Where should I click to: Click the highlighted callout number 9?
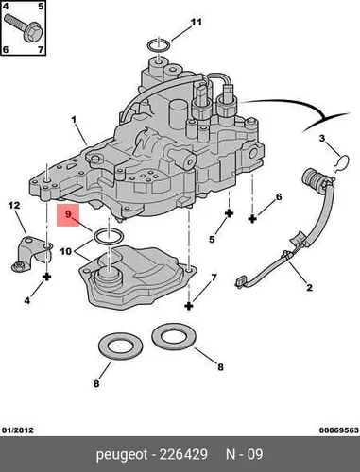(69, 214)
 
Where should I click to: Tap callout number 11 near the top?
(196, 22)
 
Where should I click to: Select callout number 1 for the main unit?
(74, 120)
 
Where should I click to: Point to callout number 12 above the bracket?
(14, 206)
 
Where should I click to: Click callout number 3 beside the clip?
(321, 138)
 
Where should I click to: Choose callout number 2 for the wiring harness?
(310, 287)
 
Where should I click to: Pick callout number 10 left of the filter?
(66, 251)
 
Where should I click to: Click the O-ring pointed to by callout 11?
(159, 45)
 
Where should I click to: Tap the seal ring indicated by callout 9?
(109, 236)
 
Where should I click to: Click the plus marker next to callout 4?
(47, 277)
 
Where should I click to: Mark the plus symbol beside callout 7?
(189, 306)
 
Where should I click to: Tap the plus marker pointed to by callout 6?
(252, 218)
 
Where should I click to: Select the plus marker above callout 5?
(229, 213)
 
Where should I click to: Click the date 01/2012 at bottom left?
(18, 430)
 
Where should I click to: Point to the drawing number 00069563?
(339, 430)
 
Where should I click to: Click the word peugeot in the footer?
(122, 455)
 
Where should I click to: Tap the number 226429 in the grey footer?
(183, 454)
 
